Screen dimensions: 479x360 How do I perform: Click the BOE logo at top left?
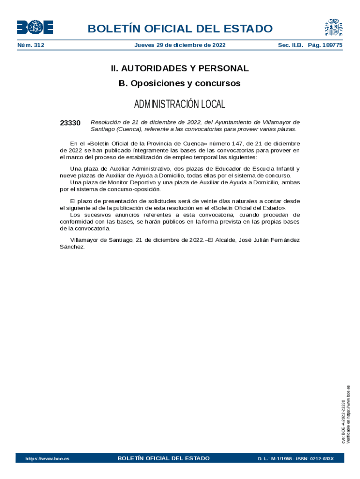[x=35, y=27]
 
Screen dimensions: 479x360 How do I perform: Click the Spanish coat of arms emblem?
[x=334, y=27]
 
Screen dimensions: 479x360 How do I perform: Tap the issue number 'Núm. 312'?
[x=30, y=45]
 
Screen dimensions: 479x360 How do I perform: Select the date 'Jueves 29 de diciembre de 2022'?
[x=180, y=45]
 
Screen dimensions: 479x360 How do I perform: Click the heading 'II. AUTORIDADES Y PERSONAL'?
[x=180, y=68]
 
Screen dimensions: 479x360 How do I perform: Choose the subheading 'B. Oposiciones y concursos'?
[x=180, y=83]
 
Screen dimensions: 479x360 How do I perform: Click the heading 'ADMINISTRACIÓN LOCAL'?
[x=180, y=104]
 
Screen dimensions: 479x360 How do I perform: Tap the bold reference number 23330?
[x=70, y=123]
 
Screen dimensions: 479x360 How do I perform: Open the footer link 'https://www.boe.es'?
[x=47, y=459]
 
